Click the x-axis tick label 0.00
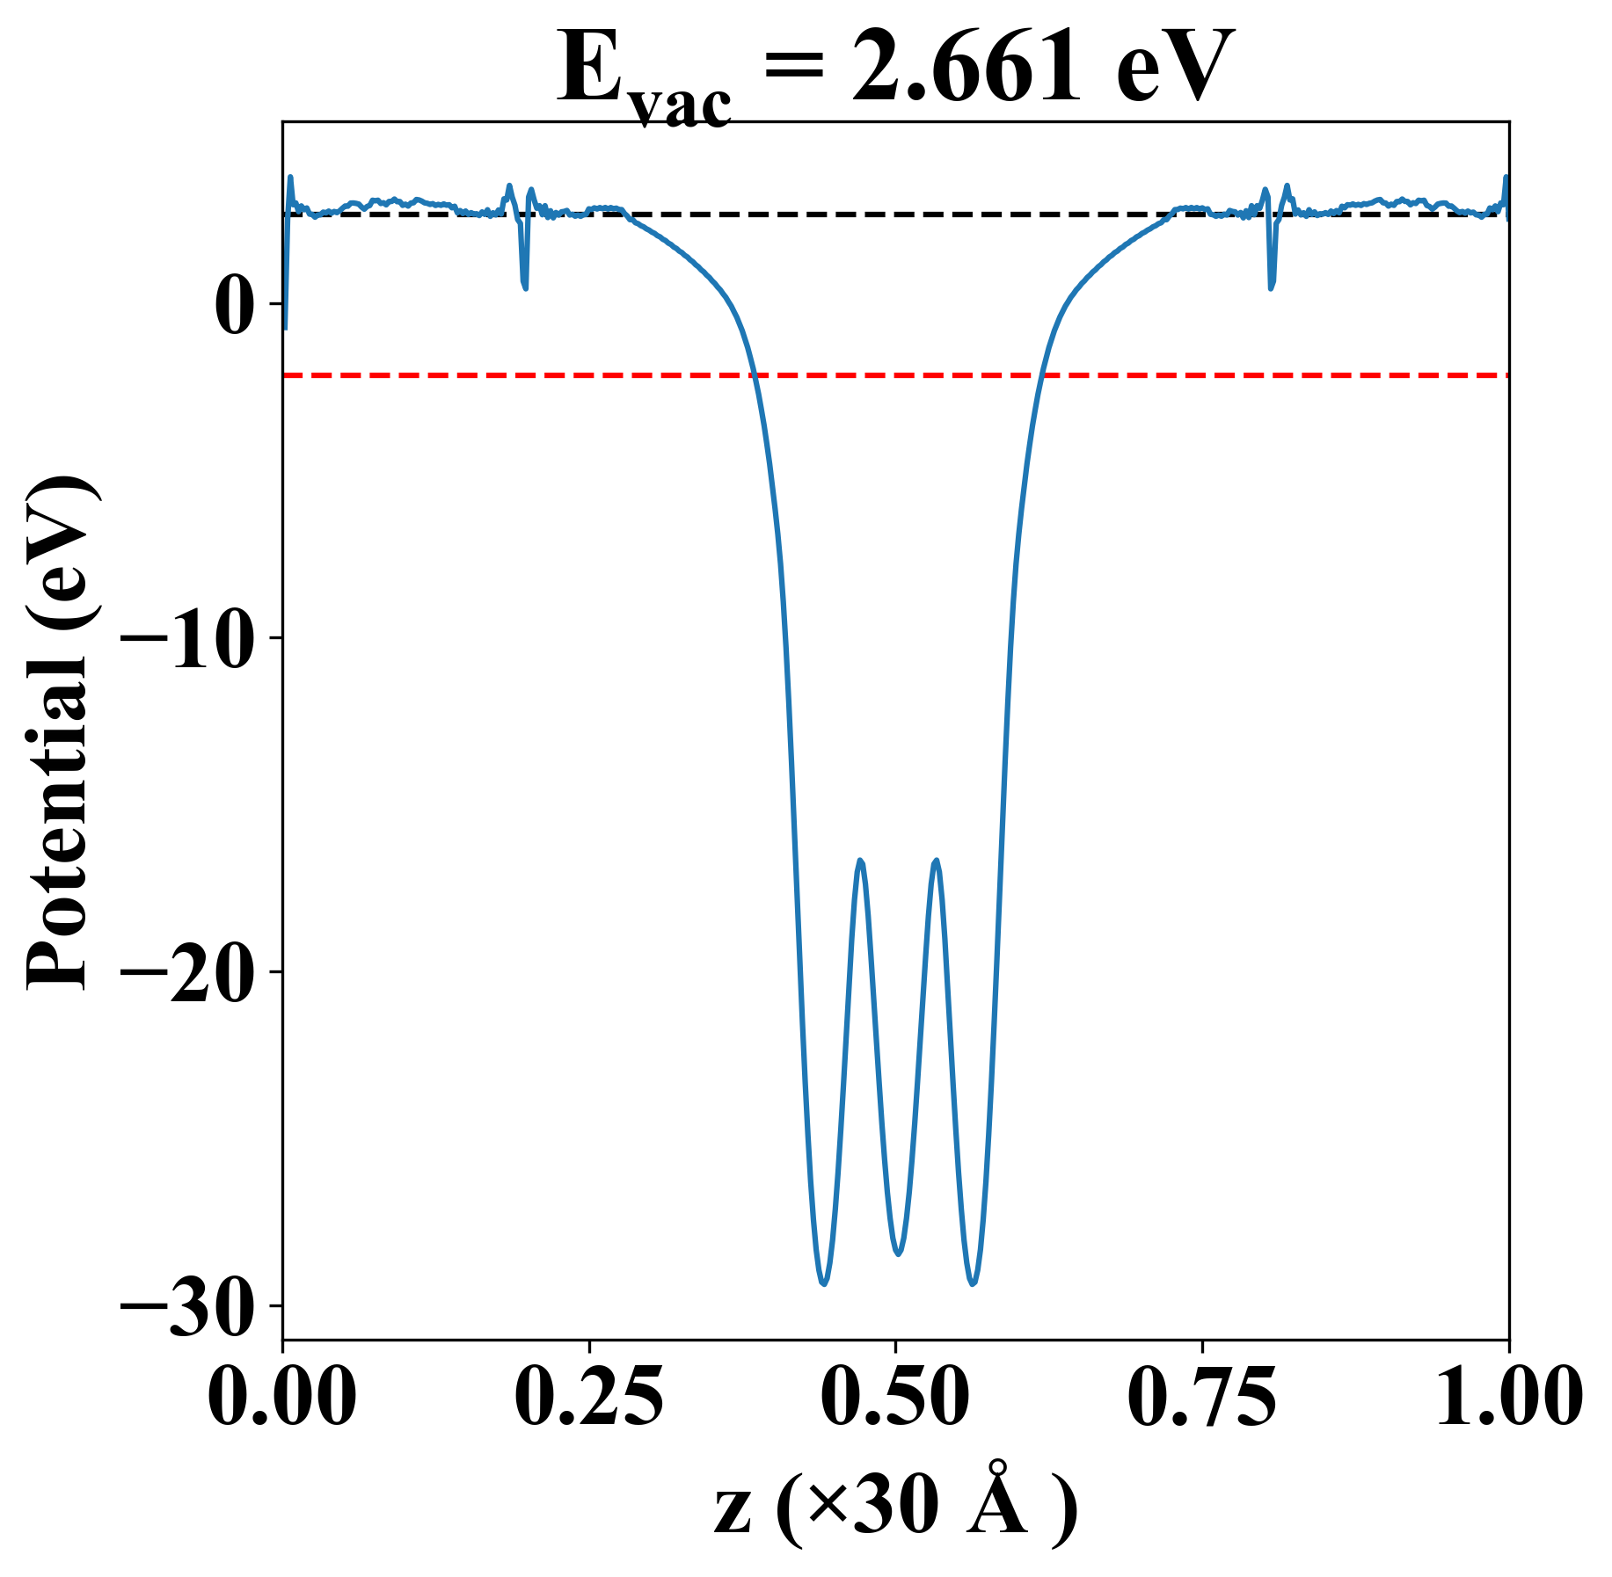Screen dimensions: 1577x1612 [282, 1398]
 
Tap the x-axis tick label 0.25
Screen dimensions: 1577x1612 [588, 1398]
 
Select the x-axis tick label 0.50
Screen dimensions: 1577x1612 [895, 1398]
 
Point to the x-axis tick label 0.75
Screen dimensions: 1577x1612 [1201, 1398]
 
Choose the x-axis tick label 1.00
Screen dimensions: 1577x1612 [1507, 1398]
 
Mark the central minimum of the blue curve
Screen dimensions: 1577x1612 [898, 1254]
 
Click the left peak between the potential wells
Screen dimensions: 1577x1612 [860, 861]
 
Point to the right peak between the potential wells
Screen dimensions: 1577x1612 [936, 861]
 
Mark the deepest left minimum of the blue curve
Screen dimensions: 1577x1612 [823, 1284]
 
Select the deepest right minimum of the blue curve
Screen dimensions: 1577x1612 [973, 1284]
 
